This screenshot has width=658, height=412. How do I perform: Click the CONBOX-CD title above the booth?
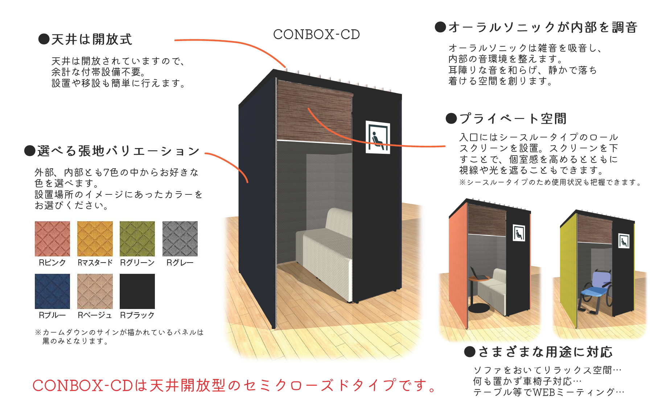316,34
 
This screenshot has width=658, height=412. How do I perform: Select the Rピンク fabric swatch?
52,239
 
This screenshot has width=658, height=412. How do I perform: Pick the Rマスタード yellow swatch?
95,239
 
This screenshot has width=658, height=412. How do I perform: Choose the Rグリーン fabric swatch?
137,239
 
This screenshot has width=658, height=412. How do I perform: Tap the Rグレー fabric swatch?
180,239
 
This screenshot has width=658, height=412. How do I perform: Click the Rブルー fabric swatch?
52,291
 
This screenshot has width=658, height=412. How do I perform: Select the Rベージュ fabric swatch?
95,291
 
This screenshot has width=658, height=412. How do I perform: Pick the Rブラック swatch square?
137,291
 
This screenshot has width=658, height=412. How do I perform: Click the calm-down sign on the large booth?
378,137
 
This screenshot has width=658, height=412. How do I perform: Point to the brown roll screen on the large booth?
314,112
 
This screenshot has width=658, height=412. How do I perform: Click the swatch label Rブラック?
137,315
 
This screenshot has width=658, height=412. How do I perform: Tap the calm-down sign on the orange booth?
519,233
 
